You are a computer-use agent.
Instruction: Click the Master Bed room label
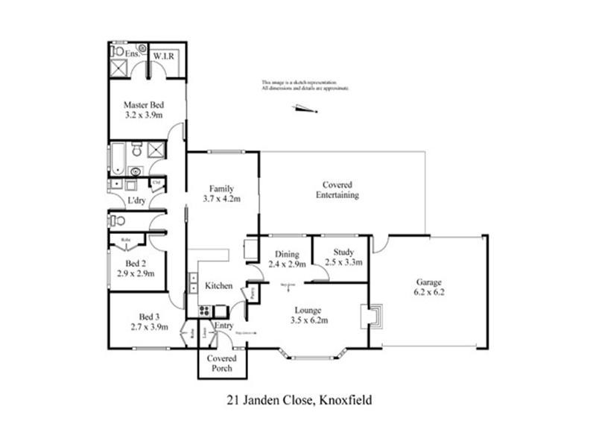coord(144,105)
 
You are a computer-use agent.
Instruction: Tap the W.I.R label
coord(163,57)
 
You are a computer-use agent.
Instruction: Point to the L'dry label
coord(136,201)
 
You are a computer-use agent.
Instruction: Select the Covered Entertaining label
coord(337,190)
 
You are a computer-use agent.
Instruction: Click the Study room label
coord(339,252)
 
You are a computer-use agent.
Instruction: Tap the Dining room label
coord(286,253)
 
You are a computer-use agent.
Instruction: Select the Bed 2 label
coord(135,264)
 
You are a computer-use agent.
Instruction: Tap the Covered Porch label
coord(222,363)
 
